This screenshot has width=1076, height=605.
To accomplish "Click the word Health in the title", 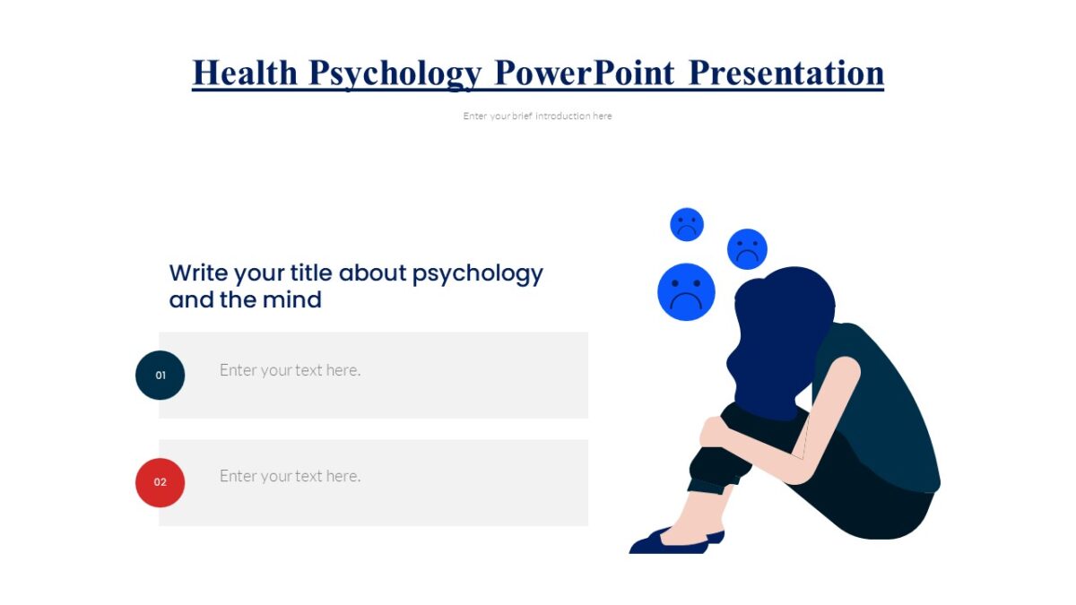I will pos(245,73).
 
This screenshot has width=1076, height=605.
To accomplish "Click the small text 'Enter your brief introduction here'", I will pos(537,116).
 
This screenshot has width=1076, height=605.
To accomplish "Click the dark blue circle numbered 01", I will pos(160,375).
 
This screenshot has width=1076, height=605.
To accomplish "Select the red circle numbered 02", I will pos(160,482).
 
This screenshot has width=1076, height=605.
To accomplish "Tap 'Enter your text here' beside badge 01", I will pos(290,370).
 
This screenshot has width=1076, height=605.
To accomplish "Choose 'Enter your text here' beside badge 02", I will pos(290,476).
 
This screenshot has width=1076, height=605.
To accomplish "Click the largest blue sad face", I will pos(686,291).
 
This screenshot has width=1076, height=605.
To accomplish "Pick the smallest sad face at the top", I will pos(687,224).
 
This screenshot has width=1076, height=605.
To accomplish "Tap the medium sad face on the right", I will pos(747,248).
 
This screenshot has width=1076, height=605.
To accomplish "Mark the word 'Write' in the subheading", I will pos(199,272).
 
